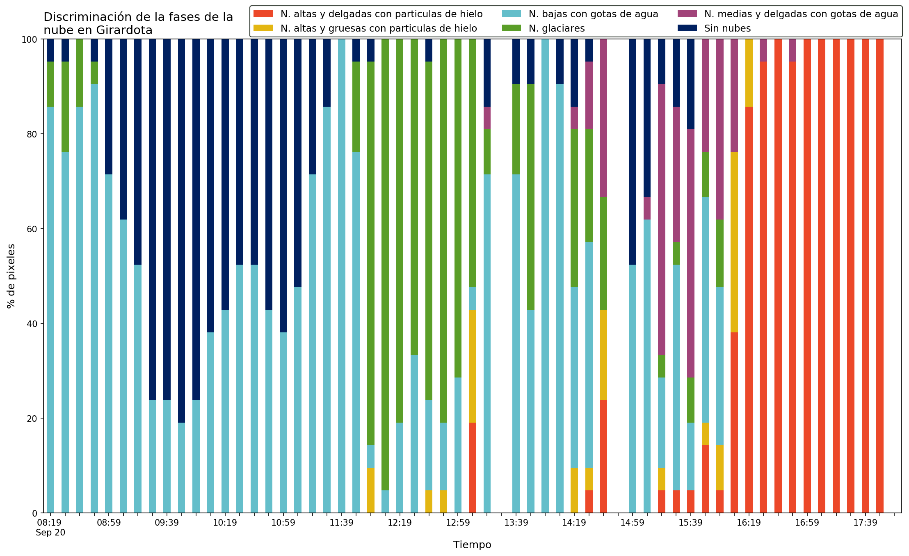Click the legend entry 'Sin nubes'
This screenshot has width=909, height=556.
(727, 28)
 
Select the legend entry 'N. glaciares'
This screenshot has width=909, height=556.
(557, 28)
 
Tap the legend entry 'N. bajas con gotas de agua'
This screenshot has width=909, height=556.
(593, 14)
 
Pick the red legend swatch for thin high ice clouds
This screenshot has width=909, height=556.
(263, 14)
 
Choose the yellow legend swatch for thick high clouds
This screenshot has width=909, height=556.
(263, 28)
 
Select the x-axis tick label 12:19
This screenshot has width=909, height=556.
(400, 523)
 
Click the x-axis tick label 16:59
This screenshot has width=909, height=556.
(807, 523)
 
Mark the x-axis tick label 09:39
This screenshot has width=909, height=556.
(167, 523)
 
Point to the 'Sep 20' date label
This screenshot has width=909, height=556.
(50, 533)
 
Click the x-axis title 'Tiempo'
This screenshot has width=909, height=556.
(472, 545)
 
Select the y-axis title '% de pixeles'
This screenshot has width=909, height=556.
(11, 276)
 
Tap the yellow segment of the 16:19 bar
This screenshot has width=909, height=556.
(749, 73)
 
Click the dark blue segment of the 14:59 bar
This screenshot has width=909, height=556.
(632, 152)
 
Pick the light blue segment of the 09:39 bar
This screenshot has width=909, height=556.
(167, 456)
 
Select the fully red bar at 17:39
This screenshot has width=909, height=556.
(865, 276)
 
